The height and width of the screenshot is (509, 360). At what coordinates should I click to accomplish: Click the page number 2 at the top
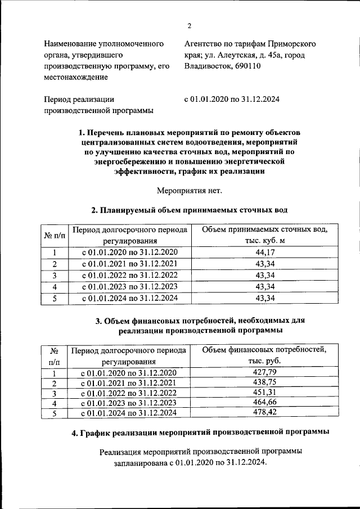tap(189, 25)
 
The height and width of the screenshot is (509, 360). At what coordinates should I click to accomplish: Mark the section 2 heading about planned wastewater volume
tap(189, 210)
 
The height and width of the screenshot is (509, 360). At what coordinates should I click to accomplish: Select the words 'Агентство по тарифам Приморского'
tap(250, 43)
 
